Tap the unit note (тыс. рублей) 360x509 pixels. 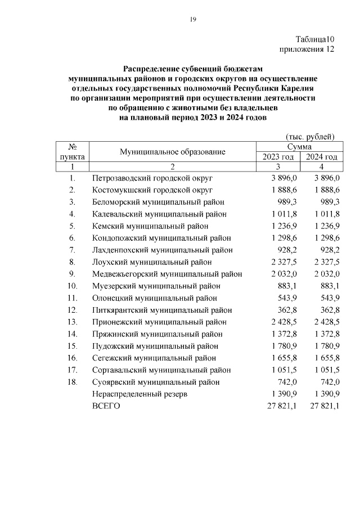310,137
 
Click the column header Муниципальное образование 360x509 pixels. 172,151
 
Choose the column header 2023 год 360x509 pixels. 278,157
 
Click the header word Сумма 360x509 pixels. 299,146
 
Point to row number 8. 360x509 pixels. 73,262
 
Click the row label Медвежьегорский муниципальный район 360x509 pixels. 167,274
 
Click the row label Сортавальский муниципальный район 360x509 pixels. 161,370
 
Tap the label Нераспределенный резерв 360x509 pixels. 139,394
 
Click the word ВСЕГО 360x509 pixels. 106,406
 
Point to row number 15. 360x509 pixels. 73,346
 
